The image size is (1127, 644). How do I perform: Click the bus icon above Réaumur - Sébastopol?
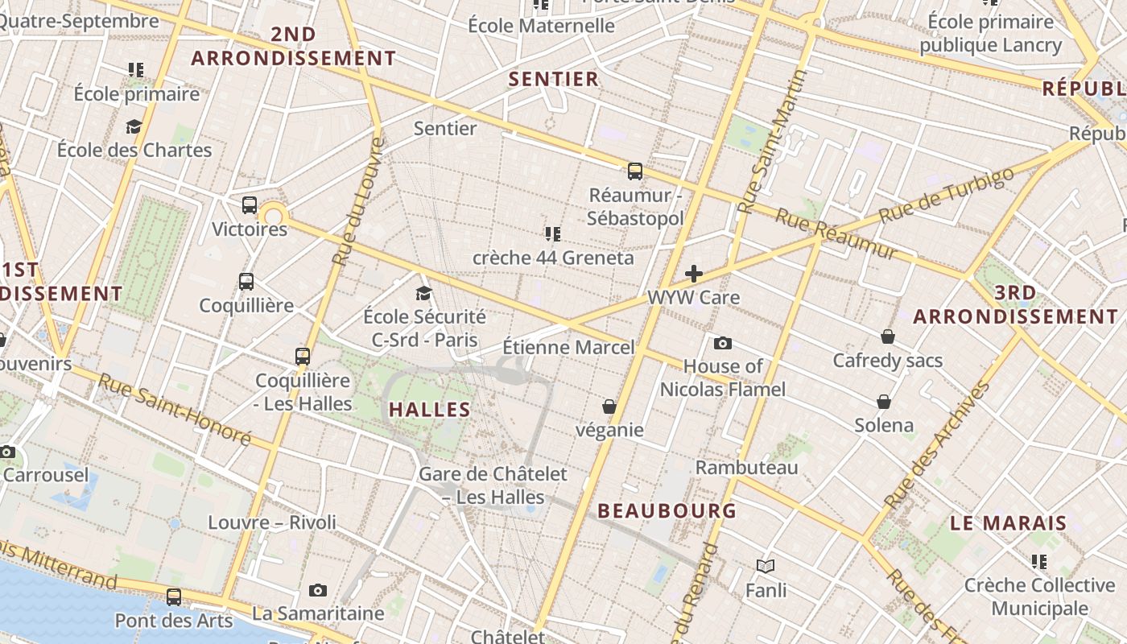[x=635, y=171]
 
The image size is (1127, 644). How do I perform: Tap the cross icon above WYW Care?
[x=693, y=274]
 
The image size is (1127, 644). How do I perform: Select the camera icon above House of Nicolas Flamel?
[x=723, y=344]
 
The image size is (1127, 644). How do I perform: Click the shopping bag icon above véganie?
[x=609, y=407]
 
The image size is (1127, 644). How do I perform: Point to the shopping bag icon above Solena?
[x=884, y=402]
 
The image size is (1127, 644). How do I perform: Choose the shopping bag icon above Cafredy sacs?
[x=887, y=336]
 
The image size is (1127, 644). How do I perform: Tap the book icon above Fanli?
[x=766, y=567]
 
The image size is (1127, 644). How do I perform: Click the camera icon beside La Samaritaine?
[x=318, y=591]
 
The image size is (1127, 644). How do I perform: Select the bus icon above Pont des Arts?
[x=174, y=597]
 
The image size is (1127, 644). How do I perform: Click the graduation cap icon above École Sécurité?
[x=424, y=293]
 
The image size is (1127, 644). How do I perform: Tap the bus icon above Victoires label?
[x=250, y=205]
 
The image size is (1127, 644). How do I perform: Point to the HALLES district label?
[x=430, y=409]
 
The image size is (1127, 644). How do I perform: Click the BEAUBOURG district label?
[x=667, y=510]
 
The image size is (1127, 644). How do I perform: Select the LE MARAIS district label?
[x=1009, y=523]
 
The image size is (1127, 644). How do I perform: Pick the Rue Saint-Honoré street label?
[x=175, y=411]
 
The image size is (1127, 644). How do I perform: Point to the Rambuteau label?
[x=747, y=468]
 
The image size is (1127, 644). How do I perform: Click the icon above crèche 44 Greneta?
[x=552, y=234]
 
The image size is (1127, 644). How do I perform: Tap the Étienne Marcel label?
[x=568, y=348]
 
